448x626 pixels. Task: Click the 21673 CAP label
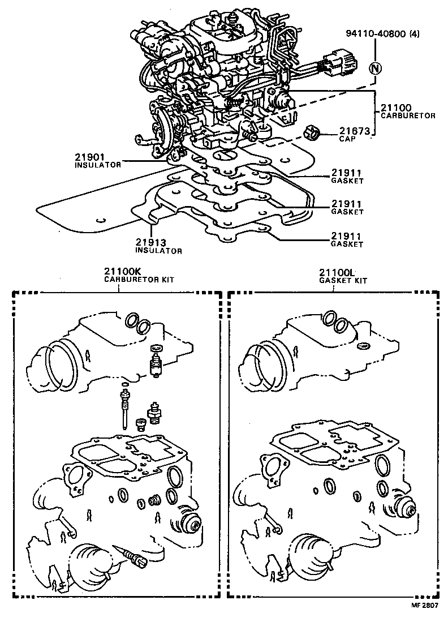(354, 134)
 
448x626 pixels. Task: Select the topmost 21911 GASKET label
(347, 176)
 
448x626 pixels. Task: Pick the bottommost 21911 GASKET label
(347, 239)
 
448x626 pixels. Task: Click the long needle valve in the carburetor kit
(123, 408)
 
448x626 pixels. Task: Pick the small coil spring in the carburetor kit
(152, 500)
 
